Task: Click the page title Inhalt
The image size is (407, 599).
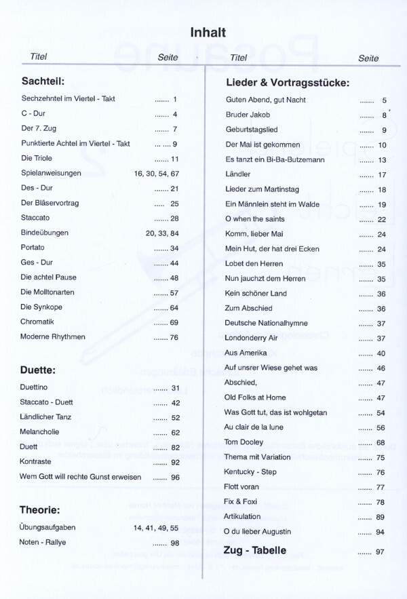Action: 208,32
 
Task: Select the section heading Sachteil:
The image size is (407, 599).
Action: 43,81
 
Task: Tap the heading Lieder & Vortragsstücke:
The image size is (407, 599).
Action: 286,83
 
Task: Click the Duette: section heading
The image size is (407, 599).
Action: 38,370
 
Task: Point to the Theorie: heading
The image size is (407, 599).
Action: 41,509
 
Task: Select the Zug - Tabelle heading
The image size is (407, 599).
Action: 254,550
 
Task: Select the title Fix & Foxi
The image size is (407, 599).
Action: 242,502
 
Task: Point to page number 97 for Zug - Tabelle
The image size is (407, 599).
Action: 381,552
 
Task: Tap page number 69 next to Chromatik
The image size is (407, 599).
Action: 174,322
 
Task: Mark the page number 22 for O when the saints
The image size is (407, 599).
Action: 381,220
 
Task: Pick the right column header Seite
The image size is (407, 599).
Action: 368,58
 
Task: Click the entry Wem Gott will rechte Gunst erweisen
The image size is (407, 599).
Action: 81,477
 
